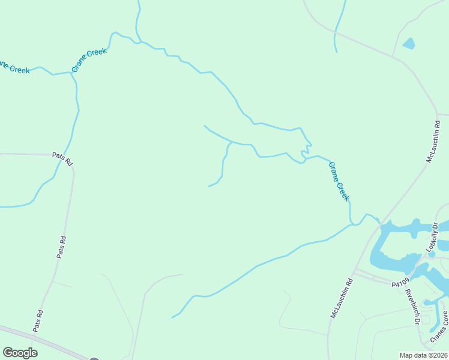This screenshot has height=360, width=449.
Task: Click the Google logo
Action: click(x=20, y=352)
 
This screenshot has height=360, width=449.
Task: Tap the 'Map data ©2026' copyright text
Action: click(x=424, y=355)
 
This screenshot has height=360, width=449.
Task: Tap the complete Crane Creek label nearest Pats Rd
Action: click(x=89, y=60)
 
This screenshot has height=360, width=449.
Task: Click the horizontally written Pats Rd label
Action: click(x=62, y=158)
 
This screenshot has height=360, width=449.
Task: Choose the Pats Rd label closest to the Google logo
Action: click(x=38, y=321)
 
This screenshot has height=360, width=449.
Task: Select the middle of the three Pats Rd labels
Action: click(x=61, y=247)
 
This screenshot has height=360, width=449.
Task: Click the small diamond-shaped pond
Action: click(x=408, y=43)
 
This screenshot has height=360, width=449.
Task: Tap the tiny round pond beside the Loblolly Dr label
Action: click(x=432, y=254)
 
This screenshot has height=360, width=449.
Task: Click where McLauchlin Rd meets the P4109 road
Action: click(x=354, y=271)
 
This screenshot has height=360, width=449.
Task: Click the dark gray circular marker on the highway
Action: click(x=94, y=358)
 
